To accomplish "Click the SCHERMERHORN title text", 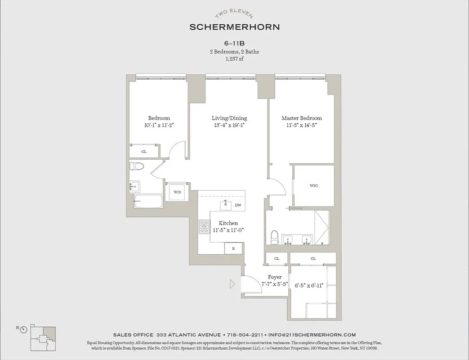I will point(234,27).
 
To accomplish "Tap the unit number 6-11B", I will point(234,44).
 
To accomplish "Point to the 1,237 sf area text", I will point(234,59).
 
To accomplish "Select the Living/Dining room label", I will point(229,118).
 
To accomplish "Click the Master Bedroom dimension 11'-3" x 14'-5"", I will point(302,126).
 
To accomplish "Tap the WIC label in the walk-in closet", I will point(314,185).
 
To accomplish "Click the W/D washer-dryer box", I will point(178,192).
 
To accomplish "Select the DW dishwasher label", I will point(238,205).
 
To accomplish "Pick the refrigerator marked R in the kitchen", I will point(233,248).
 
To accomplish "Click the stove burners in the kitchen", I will point(205,227).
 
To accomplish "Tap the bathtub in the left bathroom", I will point(148,201).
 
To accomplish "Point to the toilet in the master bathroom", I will point(274,236).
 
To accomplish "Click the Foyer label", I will point(275,277).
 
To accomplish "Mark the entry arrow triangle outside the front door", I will point(232,284).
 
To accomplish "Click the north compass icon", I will point(23,329).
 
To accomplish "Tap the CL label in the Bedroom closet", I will point(144,152).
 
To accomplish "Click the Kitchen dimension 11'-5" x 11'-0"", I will point(228,230).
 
